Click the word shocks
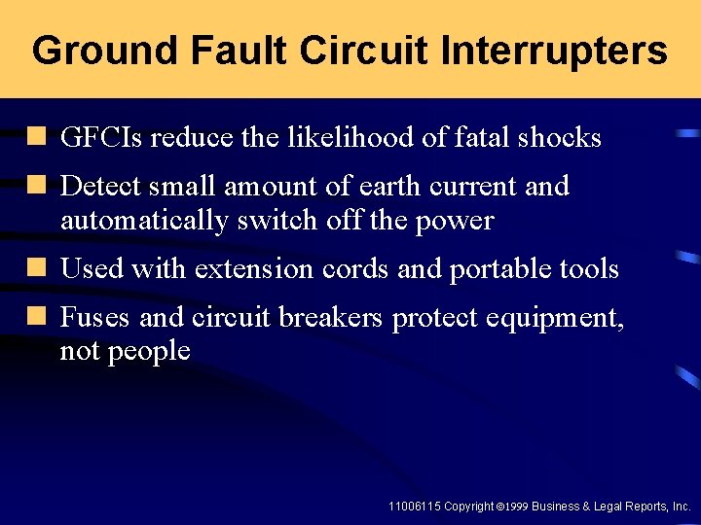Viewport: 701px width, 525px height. (x=560, y=138)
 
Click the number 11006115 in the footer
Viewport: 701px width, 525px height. (x=414, y=507)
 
